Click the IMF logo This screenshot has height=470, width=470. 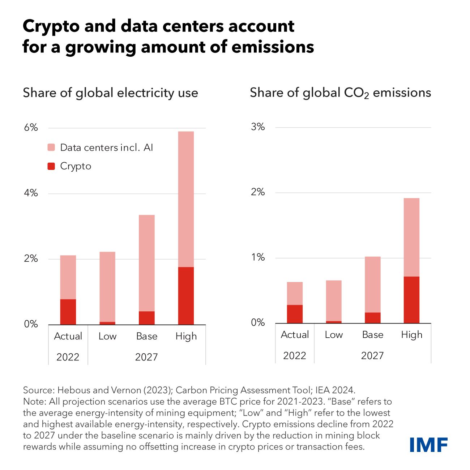point(428,444)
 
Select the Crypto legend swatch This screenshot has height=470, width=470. point(51,166)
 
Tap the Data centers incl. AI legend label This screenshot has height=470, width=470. point(106,148)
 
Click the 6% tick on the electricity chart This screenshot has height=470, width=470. point(31,128)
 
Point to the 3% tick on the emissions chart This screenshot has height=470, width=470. point(258,127)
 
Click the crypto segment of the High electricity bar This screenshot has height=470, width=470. point(186,295)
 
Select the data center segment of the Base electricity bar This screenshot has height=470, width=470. point(146,263)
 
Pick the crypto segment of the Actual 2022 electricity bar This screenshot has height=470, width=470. point(68,312)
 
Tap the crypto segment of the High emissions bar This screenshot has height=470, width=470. point(411,300)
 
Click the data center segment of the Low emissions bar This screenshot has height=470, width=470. point(333,300)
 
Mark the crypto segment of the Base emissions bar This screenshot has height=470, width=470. point(372,317)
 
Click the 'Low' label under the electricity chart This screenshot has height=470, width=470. point(107,336)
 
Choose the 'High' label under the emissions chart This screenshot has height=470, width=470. point(411,335)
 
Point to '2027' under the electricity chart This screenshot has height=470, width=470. point(146,357)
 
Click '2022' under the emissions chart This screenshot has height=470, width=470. point(294,356)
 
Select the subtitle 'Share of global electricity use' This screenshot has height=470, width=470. point(110,93)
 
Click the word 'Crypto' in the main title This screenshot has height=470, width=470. point(49,26)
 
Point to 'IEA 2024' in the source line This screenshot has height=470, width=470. point(335,390)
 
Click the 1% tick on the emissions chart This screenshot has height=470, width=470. point(258,257)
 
